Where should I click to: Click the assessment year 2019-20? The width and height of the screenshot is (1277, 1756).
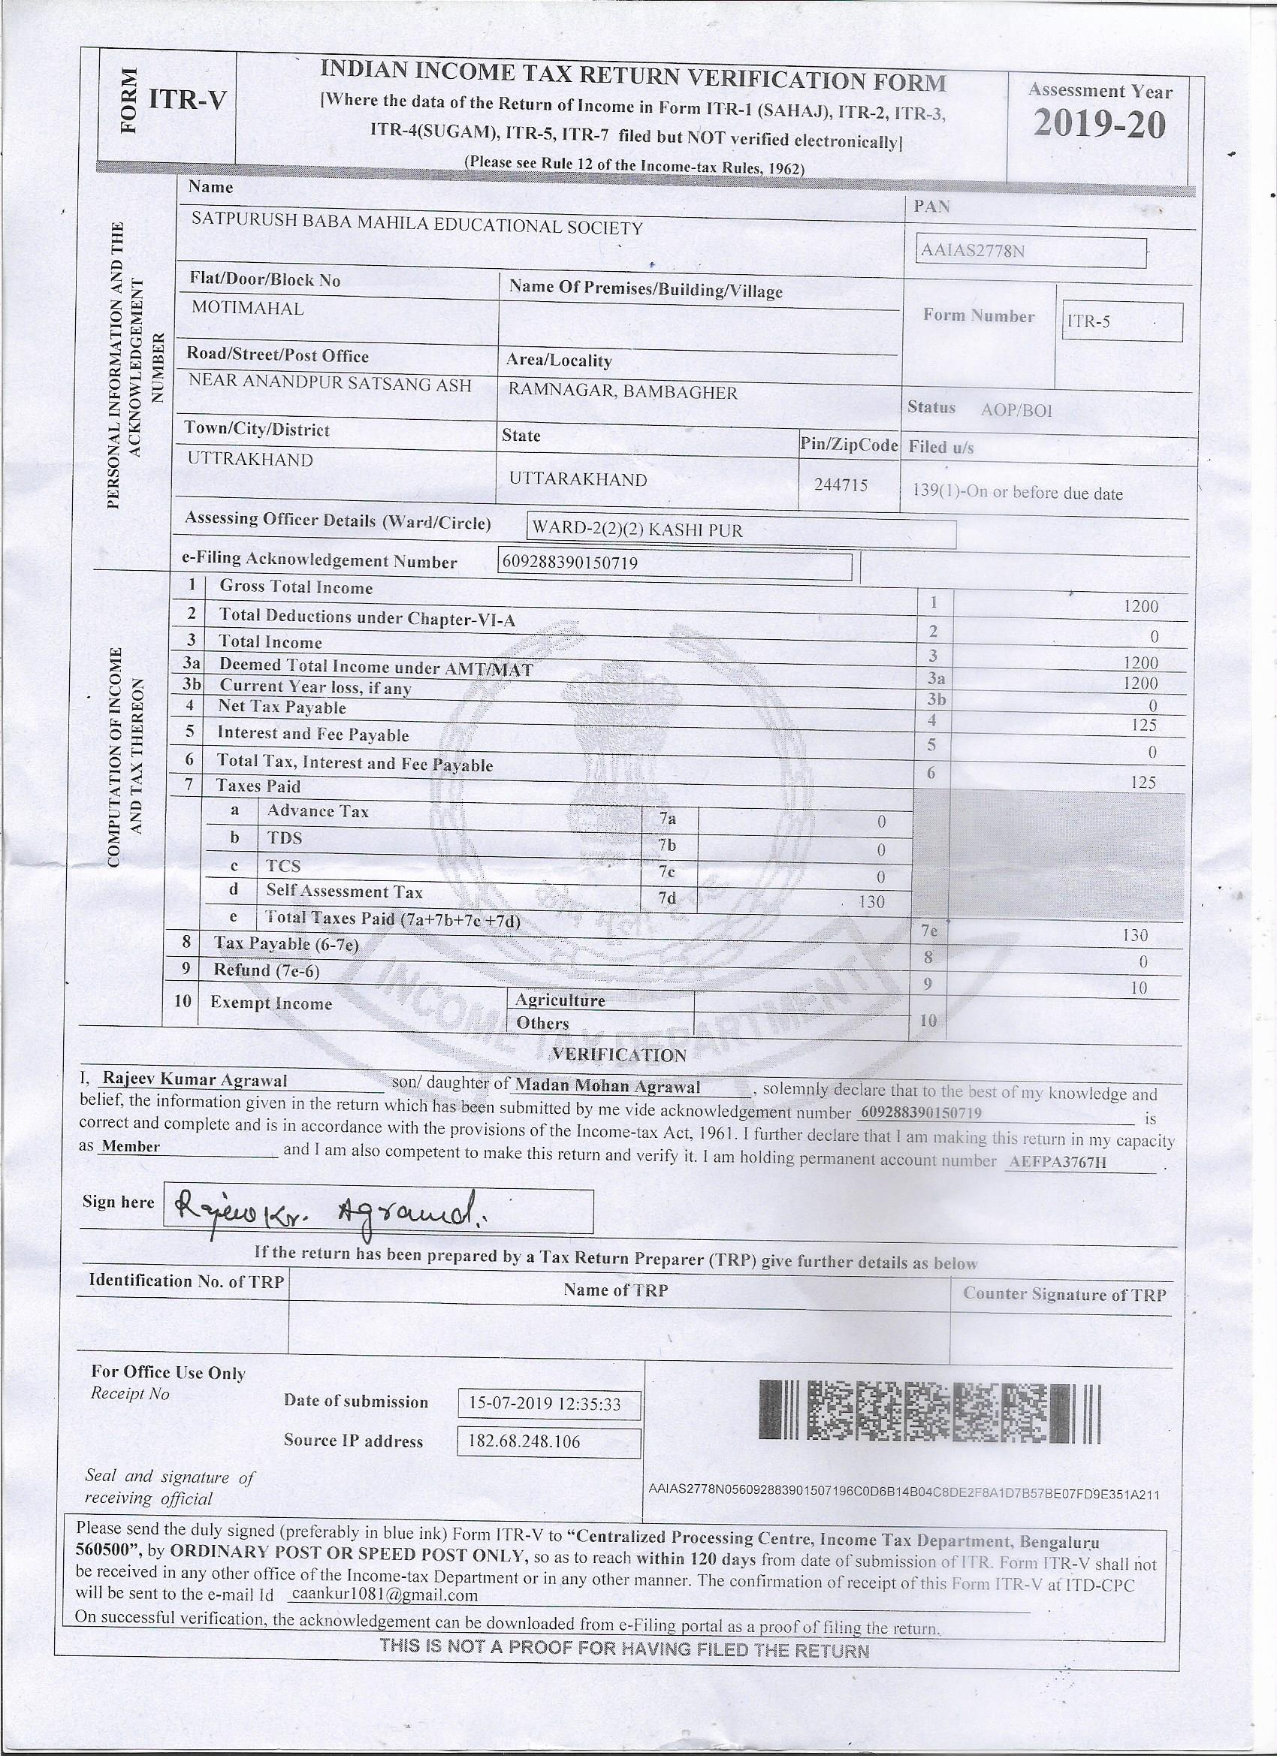coord(1099,125)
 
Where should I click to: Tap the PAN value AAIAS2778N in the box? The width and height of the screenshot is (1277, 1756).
coord(974,251)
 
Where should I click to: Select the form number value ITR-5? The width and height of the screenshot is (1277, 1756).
coord(1088,321)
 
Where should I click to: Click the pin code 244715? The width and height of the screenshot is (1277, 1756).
coord(841,484)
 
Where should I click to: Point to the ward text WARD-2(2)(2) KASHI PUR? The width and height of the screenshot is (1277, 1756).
coord(636,530)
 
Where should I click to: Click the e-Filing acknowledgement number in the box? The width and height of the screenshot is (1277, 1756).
coord(571,563)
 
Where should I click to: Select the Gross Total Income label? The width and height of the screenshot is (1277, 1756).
coord(296,587)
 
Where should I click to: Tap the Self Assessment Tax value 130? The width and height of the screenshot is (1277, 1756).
coord(871,901)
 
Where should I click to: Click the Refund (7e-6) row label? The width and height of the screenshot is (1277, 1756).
coord(267,970)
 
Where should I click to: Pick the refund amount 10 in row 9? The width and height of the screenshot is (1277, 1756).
coord(1138,988)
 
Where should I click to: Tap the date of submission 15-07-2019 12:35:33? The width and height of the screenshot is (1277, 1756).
coord(545,1404)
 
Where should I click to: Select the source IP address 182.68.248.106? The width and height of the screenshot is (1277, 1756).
coord(524,1441)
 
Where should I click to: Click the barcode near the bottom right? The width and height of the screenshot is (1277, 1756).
coord(929,1413)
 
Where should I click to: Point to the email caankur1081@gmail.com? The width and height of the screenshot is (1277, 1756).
coord(384,1595)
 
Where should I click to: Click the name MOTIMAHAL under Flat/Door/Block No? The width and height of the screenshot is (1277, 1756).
coord(248,307)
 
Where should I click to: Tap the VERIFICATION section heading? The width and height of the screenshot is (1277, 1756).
coord(619,1055)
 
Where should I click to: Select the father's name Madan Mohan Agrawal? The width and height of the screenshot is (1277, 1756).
coord(608,1086)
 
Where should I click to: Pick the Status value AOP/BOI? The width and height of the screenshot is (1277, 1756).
coord(1016,410)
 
